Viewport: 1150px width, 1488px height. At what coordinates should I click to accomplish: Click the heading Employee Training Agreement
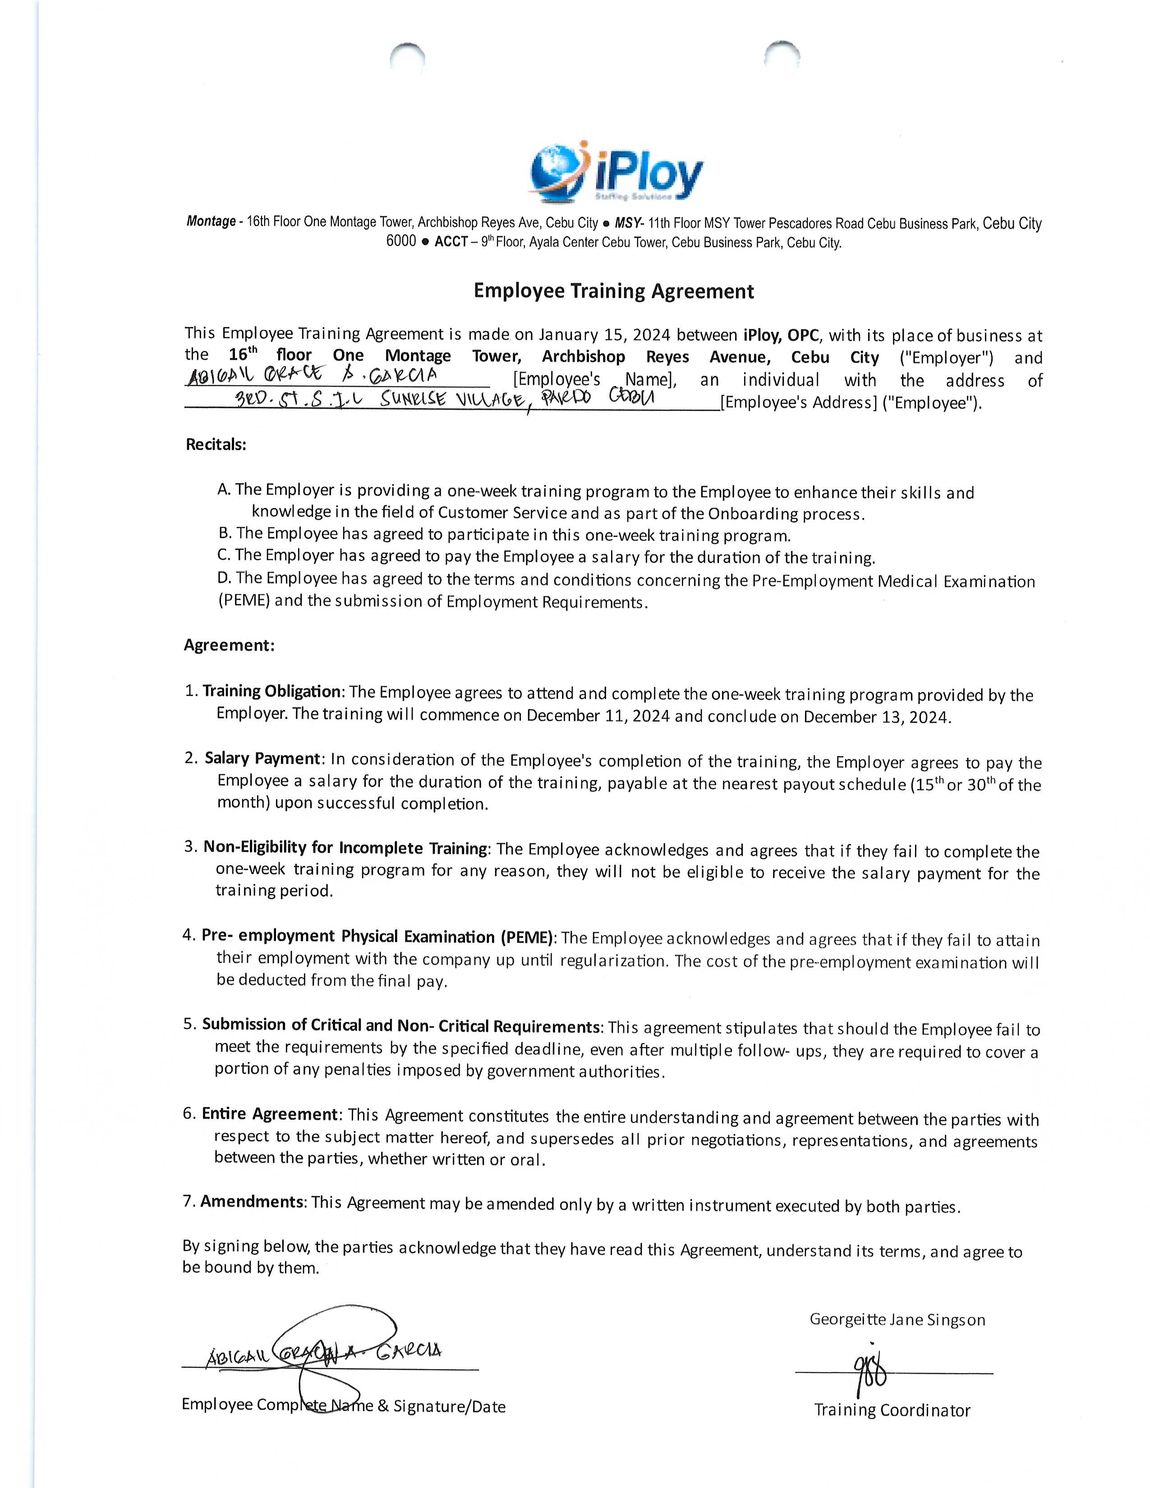point(614,292)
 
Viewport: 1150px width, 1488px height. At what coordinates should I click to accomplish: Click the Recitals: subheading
point(216,445)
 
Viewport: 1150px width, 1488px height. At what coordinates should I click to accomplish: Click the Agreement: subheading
point(229,645)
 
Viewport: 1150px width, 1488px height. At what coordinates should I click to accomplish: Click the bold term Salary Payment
point(262,759)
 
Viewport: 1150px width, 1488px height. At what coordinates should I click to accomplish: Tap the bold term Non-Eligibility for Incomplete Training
point(345,848)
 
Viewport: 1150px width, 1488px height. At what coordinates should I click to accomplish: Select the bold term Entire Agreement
point(270,1114)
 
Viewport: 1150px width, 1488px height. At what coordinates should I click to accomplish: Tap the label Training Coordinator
point(892,1410)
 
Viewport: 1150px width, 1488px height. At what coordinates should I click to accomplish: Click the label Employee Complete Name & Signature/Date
point(343,1406)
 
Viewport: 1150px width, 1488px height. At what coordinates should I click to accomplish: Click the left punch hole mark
point(407,57)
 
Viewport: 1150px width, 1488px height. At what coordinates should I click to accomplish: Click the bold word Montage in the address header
point(211,221)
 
